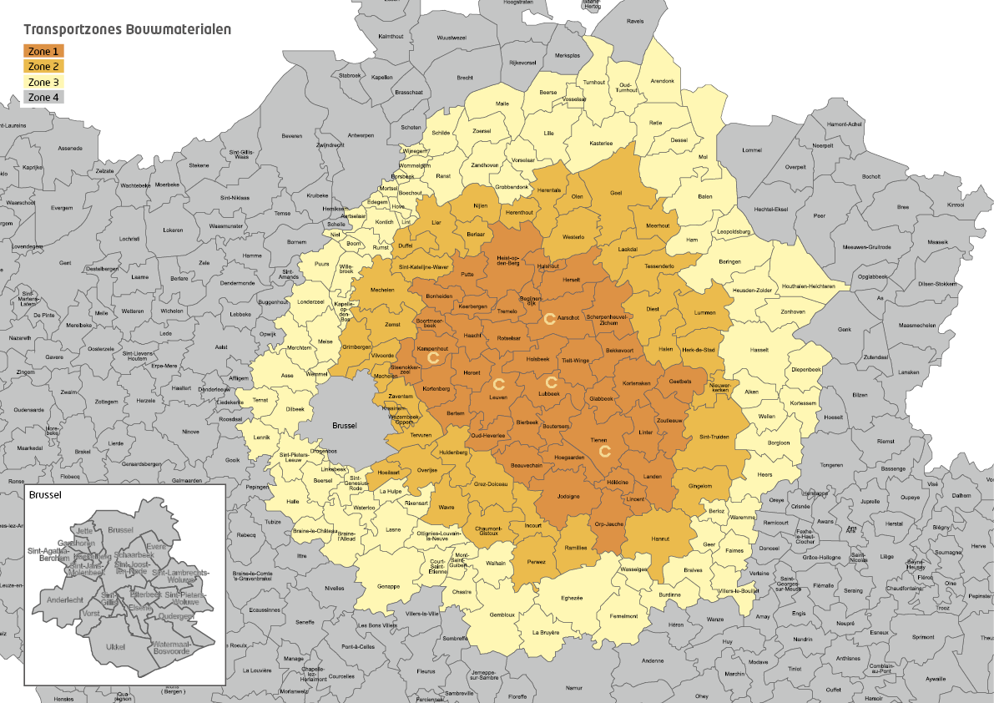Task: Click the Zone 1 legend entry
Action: pos(44,51)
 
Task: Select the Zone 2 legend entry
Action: pos(44,66)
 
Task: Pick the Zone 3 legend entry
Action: pos(44,82)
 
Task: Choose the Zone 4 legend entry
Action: pos(44,97)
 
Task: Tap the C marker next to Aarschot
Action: pos(549,318)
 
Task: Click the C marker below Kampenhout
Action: pos(432,357)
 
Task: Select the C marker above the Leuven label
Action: pos(498,384)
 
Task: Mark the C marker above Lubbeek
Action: pos(550,382)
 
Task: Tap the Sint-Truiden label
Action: pos(714,437)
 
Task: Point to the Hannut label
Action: pos(659,539)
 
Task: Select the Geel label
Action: pos(617,193)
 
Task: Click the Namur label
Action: pos(573,688)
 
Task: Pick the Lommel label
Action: pos(752,150)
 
